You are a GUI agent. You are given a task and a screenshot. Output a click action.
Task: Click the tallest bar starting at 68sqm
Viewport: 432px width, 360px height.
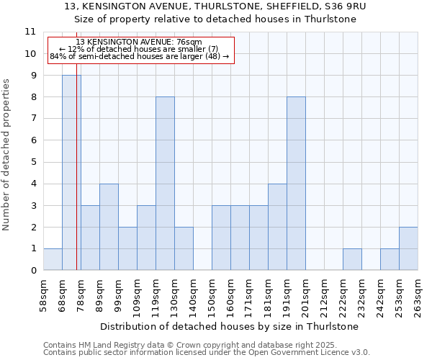(x=71, y=173)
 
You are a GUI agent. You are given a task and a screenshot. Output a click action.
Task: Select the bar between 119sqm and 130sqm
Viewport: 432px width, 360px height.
(x=165, y=184)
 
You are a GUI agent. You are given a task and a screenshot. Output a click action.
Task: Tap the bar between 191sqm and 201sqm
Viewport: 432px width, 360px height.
(x=296, y=184)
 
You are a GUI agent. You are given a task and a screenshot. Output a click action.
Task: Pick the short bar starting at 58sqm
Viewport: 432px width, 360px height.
(x=53, y=259)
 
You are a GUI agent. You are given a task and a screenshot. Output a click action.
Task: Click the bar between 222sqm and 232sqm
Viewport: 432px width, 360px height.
(x=352, y=259)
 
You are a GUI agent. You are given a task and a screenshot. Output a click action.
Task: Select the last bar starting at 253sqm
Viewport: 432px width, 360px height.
(x=408, y=248)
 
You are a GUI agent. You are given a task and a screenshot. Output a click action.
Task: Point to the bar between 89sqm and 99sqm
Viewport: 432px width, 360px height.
(x=109, y=227)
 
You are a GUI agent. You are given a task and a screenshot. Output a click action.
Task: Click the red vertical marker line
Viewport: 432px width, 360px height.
(x=76, y=180)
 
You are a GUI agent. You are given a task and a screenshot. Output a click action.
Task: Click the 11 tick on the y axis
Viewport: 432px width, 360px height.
(x=30, y=32)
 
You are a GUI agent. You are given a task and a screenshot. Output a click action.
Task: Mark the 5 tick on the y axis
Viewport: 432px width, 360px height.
(x=33, y=162)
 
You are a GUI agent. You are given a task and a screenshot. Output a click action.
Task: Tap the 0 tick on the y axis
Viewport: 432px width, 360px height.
(x=33, y=271)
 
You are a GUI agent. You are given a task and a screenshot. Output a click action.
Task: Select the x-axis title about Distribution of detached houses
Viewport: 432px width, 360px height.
(x=230, y=326)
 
